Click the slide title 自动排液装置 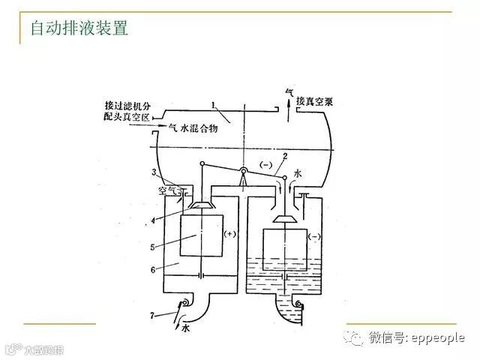[79, 28]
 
